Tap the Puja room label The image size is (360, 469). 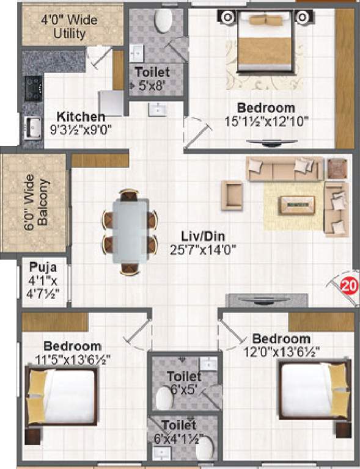pyautogui.click(x=43, y=267)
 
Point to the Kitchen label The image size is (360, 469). pyautogui.click(x=81, y=117)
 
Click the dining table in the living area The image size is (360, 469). pyautogui.click(x=130, y=231)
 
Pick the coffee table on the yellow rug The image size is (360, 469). pyautogui.click(x=298, y=204)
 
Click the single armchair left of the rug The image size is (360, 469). pyautogui.click(x=232, y=194)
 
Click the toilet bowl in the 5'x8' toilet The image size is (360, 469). pyautogui.click(x=163, y=22)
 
